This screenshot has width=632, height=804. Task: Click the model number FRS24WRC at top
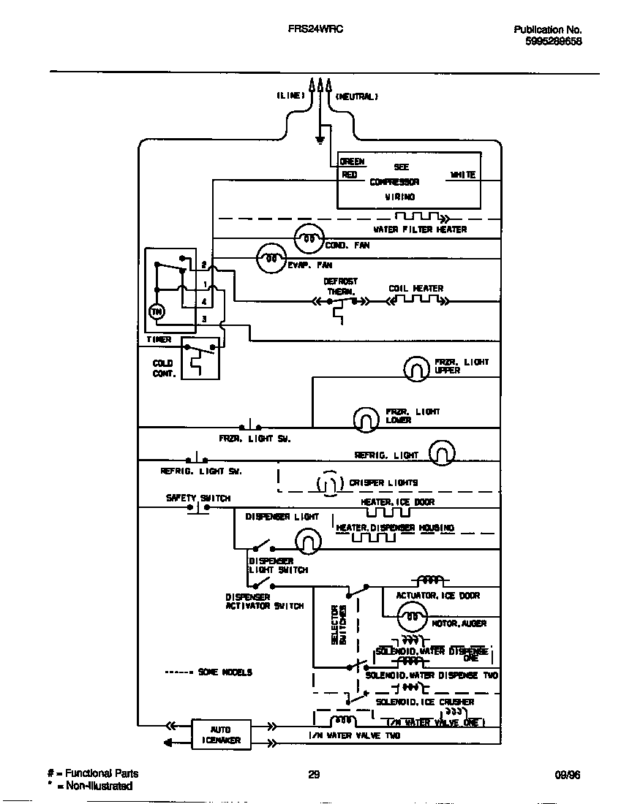point(316,29)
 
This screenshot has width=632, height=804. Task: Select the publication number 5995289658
point(553,42)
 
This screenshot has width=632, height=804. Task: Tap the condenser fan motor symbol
point(308,238)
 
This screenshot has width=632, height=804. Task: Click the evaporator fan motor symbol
point(270,258)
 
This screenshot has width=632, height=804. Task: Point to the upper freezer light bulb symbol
point(416,368)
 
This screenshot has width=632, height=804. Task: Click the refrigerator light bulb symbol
point(441,453)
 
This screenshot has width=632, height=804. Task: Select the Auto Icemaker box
point(221,735)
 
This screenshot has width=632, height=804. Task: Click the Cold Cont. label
point(162,368)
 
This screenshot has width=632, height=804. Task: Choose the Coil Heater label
point(415,289)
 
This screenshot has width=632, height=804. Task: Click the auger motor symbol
point(411,618)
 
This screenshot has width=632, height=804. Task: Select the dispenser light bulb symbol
point(308,542)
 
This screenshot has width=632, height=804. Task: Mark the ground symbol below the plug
point(320,139)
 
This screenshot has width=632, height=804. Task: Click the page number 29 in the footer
point(314,775)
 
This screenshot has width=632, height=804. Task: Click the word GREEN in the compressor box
point(352,162)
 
